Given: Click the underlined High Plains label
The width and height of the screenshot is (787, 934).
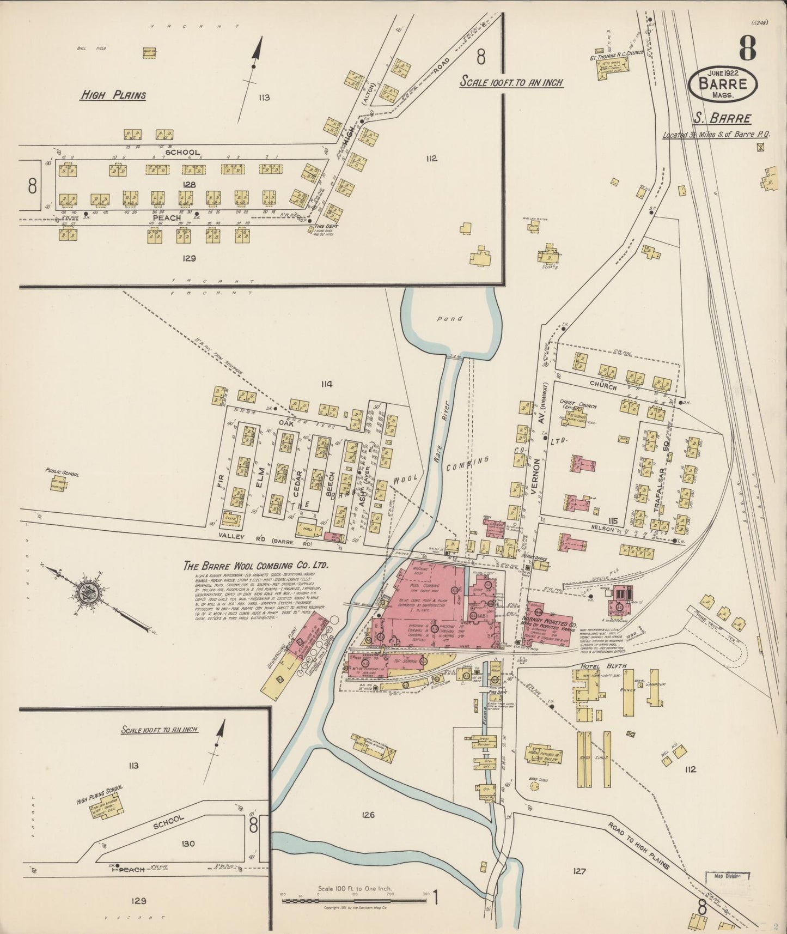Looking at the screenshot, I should click(x=113, y=95).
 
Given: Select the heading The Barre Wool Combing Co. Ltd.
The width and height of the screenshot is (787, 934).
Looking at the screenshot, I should click(x=256, y=566).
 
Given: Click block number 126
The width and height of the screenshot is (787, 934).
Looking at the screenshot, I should click(x=368, y=815).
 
